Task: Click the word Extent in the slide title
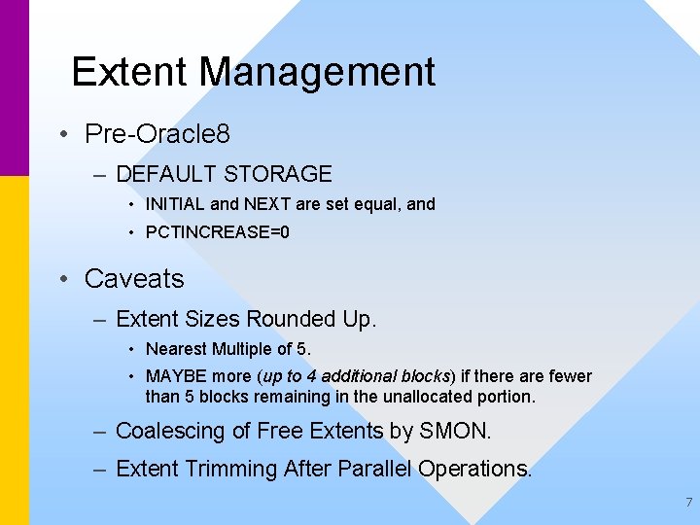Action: coord(130,73)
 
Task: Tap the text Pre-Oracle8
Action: coord(157,133)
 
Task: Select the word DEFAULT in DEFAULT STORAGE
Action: coord(165,175)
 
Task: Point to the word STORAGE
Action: coord(277,175)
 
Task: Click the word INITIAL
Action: coord(175,205)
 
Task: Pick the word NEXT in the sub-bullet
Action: coord(265,205)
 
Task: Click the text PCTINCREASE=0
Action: coord(217,233)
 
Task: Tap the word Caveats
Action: coord(134,279)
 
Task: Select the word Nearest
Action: coord(176,349)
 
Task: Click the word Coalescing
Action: coord(170,431)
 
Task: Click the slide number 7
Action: coord(688,503)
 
